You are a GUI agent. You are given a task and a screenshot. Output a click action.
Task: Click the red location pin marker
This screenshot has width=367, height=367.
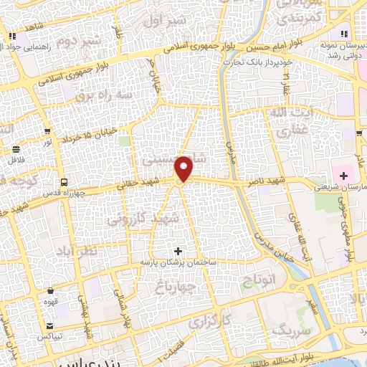coord(185,168)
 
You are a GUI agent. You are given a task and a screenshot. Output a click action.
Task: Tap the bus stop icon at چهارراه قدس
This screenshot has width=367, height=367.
coord(64,182)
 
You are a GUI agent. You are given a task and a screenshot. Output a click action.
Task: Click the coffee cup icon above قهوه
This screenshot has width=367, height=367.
coord(50,291)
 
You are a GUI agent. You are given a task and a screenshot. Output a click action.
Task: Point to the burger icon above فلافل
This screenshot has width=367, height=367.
coord(16,150)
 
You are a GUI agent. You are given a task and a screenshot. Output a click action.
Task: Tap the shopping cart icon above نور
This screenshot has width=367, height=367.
coord(47,131)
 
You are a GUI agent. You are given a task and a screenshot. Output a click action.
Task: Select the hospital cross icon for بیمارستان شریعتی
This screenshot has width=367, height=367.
coord(343,174)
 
